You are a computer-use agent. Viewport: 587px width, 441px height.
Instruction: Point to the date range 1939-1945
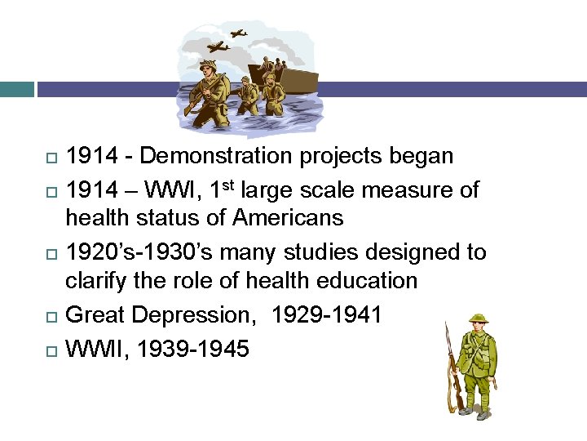coord(194,350)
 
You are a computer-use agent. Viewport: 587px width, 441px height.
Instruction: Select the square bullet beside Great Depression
coord(53,316)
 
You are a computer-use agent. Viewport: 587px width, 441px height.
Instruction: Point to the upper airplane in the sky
coord(237,33)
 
